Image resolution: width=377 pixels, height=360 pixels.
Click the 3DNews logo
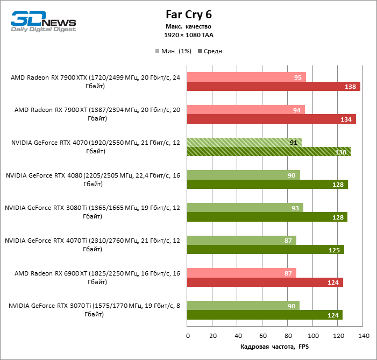43,22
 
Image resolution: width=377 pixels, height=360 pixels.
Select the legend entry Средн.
211,51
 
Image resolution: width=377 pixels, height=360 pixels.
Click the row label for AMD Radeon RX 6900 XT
97,278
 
